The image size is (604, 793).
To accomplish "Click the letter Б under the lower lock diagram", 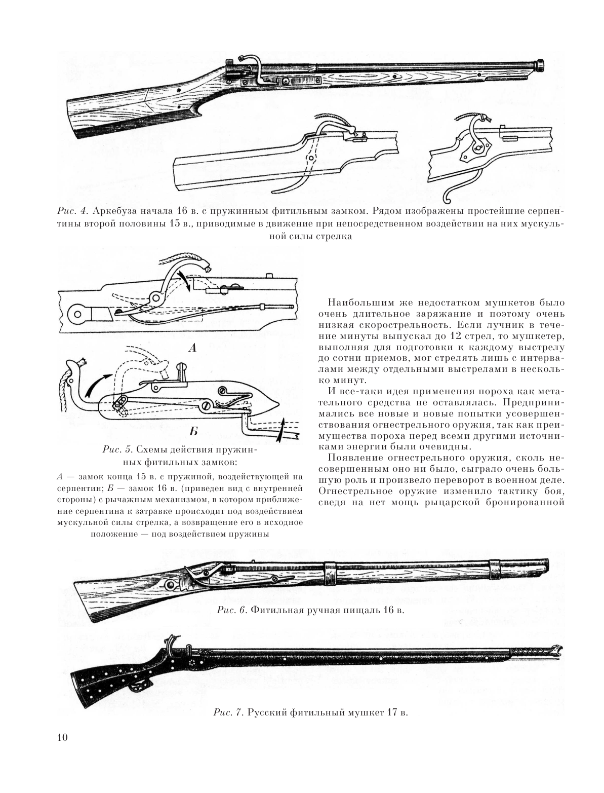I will tap(193, 431).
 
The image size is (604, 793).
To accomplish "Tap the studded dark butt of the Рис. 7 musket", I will tap(101, 682).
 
